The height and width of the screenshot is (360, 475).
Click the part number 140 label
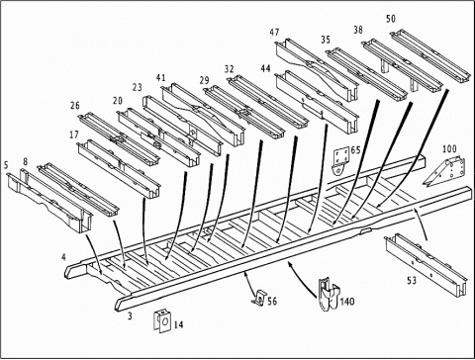pyautogui.click(x=347, y=302)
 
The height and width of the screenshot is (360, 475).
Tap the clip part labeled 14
pyautogui.click(x=162, y=320)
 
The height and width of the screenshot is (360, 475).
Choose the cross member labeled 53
pyautogui.click(x=427, y=264)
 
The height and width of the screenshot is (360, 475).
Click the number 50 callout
pyautogui.click(x=391, y=19)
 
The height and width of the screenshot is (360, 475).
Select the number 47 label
pyautogui.click(x=274, y=33)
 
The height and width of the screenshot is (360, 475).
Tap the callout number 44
pyautogui.click(x=265, y=68)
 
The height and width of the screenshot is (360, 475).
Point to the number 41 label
pyautogui.click(x=160, y=78)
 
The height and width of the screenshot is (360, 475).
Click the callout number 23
pyautogui.click(x=138, y=87)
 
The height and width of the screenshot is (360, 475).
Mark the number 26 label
pyautogui.click(x=75, y=106)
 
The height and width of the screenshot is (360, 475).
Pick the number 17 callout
pyautogui.click(x=74, y=135)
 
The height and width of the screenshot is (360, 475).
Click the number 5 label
pyautogui.click(x=6, y=165)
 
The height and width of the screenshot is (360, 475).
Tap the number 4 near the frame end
pyautogui.click(x=63, y=257)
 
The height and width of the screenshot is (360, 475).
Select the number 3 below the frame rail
pyautogui.click(x=130, y=315)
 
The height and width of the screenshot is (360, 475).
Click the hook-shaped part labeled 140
pyautogui.click(x=329, y=294)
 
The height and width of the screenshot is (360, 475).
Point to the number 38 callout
pyautogui.click(x=358, y=30)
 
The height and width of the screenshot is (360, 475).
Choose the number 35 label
pyautogui.click(x=326, y=40)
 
